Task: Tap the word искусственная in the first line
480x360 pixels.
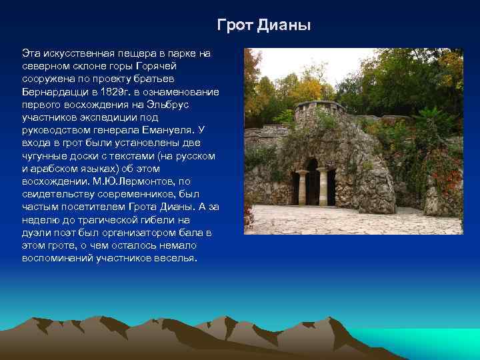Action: click(76, 52)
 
